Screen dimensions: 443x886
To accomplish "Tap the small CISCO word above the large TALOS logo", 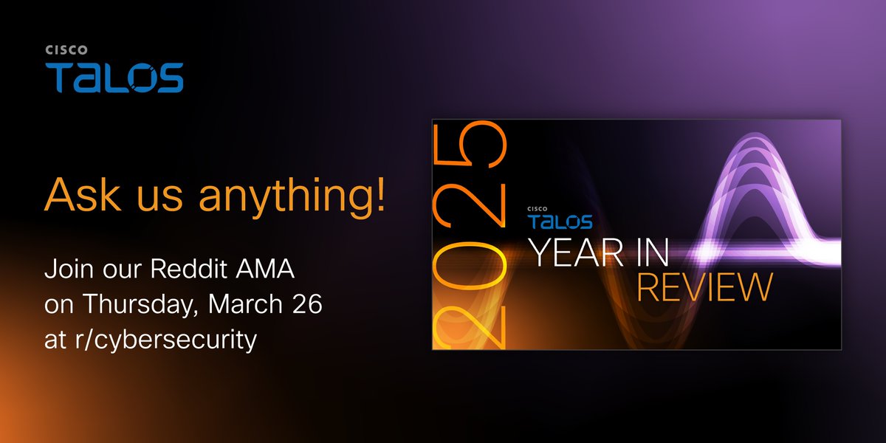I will point(66,51).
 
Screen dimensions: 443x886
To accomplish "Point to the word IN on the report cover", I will point(650,254).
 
